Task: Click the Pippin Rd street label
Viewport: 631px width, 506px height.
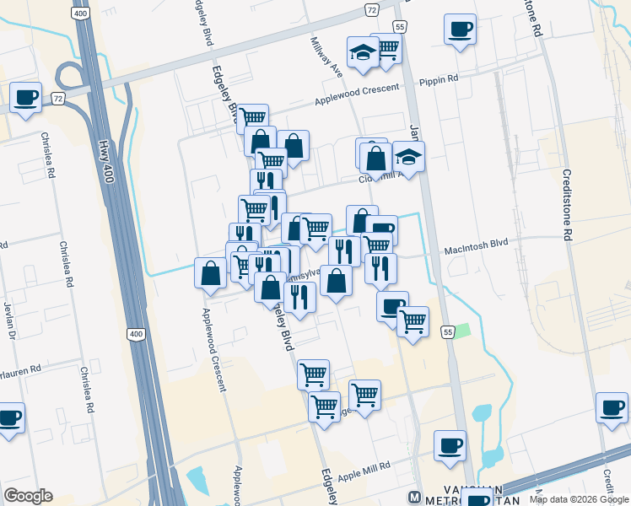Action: [439, 78]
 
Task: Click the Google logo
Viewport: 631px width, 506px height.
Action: [28, 496]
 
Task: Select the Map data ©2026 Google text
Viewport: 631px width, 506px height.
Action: [579, 499]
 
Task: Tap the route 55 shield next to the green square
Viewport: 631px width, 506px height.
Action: [448, 332]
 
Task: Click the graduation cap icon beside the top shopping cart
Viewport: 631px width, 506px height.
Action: [363, 51]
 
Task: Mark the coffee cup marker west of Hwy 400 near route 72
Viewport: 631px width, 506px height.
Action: [25, 97]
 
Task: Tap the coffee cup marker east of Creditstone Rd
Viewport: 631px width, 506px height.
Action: [612, 407]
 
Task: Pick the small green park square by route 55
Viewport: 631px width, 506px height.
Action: [462, 330]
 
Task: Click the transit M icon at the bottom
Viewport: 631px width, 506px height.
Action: [414, 496]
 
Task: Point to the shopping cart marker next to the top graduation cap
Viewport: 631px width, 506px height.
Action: [386, 49]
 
